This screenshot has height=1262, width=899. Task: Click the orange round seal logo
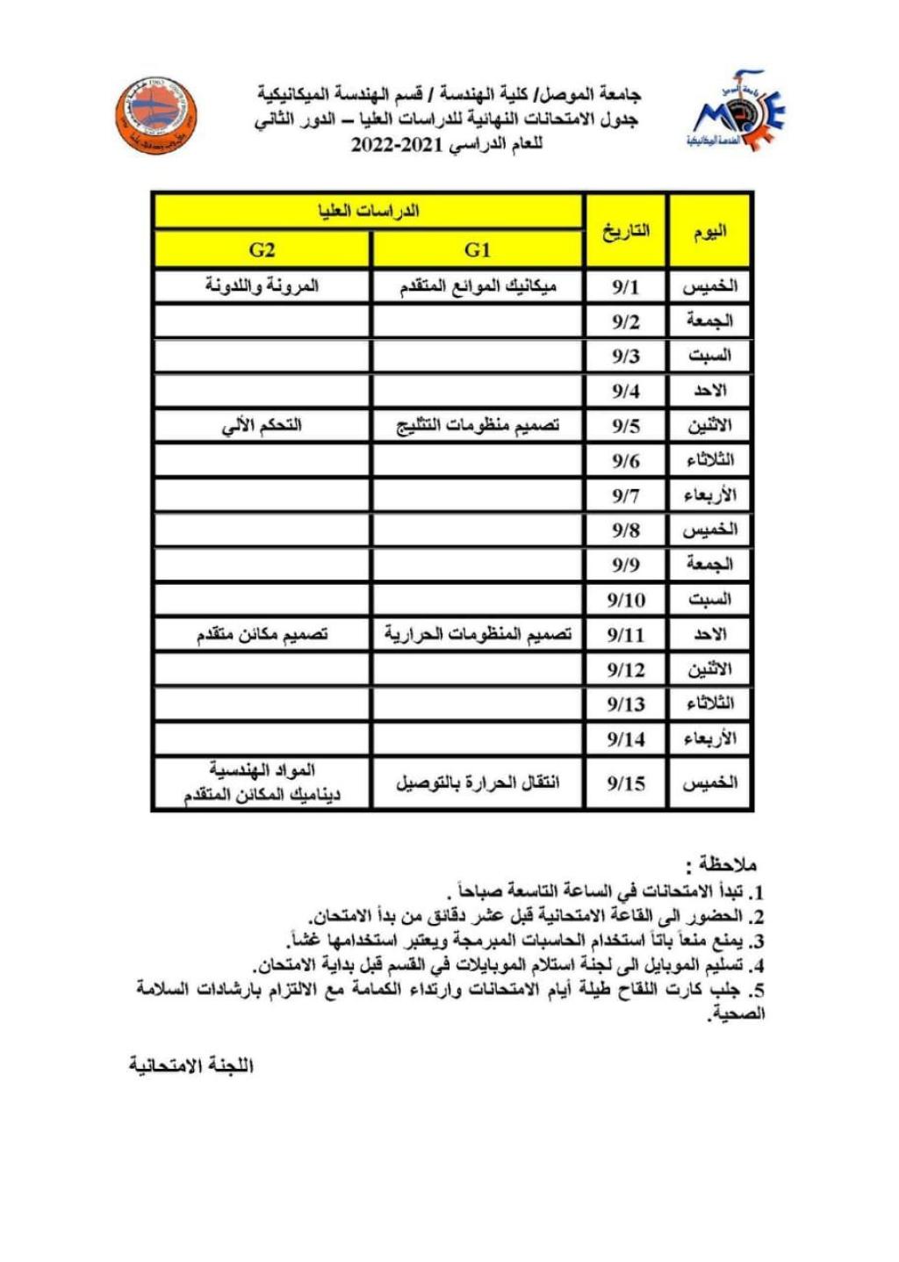pyautogui.click(x=157, y=115)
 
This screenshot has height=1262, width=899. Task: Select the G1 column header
pyautogui.click(x=477, y=250)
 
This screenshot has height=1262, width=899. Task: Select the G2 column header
pyautogui.click(x=262, y=250)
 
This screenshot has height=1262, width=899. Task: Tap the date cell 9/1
pyautogui.click(x=625, y=287)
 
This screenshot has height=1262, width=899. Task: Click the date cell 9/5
pyautogui.click(x=625, y=427)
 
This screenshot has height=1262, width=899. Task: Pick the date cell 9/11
pyautogui.click(x=625, y=635)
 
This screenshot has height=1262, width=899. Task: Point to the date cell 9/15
pyautogui.click(x=625, y=782)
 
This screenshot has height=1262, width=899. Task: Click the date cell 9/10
pyautogui.click(x=625, y=601)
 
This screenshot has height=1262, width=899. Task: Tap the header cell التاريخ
pyautogui.click(x=625, y=231)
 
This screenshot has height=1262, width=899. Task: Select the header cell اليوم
pyautogui.click(x=709, y=231)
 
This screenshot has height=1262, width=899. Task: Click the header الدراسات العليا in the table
pyautogui.click(x=369, y=212)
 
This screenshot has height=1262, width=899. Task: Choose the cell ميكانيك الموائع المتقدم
pyautogui.click(x=478, y=287)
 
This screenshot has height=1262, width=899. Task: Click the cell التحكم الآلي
pyautogui.click(x=262, y=427)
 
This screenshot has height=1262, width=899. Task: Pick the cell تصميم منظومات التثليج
pyautogui.click(x=478, y=427)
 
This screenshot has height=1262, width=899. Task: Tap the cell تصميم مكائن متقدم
pyautogui.click(x=262, y=635)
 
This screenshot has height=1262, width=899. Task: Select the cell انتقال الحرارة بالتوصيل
pyautogui.click(x=478, y=782)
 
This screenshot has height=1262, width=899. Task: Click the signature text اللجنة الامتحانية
pyautogui.click(x=191, y=1065)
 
